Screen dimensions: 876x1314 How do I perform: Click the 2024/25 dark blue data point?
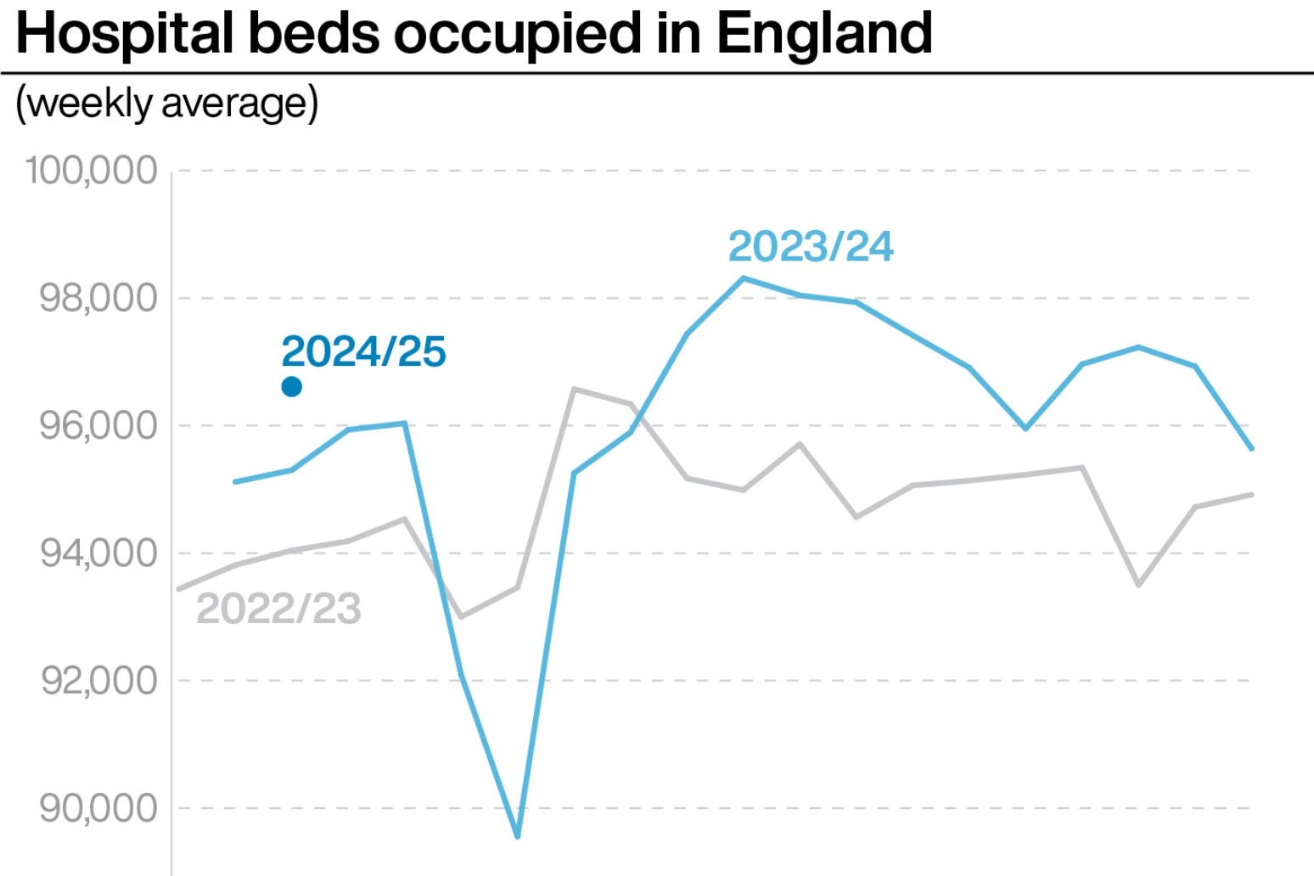coord(291,387)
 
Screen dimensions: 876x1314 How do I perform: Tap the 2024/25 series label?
coord(363,351)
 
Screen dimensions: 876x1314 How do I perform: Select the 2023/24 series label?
coord(811,246)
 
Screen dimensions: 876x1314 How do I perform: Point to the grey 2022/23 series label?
coord(278,609)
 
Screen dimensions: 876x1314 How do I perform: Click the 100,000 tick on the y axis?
coord(92,171)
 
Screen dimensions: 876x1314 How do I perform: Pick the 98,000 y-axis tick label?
coord(98,298)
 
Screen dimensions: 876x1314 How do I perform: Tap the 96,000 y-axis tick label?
coord(98,425)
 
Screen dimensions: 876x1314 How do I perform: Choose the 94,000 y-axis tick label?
coord(98,553)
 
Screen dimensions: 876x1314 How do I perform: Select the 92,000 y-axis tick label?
coord(98,681)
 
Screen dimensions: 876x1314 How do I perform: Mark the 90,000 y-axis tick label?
coord(98,808)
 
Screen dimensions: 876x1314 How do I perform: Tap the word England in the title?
coord(824,34)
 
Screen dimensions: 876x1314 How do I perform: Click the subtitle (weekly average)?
coord(167,103)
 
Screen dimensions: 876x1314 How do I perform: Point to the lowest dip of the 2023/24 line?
coord(517,837)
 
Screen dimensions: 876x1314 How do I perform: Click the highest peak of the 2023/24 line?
coord(743,278)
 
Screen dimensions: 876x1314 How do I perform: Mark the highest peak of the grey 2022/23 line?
coord(574,389)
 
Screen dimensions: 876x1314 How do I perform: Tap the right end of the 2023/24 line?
coord(1251,448)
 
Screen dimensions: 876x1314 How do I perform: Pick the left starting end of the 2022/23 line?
coord(178,589)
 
